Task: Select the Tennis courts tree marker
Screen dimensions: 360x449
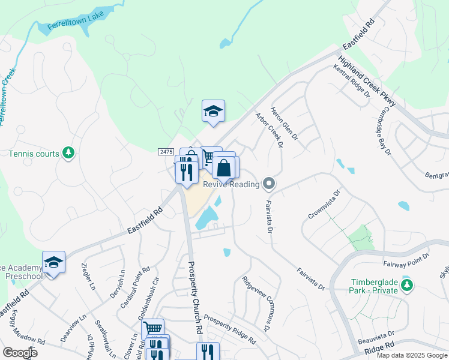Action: click(69, 154)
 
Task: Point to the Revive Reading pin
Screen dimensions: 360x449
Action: click(269, 184)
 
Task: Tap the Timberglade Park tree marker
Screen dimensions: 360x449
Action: click(407, 284)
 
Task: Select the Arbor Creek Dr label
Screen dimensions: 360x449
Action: click(268, 129)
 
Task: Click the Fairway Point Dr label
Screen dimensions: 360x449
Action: click(406, 260)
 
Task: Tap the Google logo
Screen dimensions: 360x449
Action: click(20, 353)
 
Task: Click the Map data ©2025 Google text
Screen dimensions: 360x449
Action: click(411, 355)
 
